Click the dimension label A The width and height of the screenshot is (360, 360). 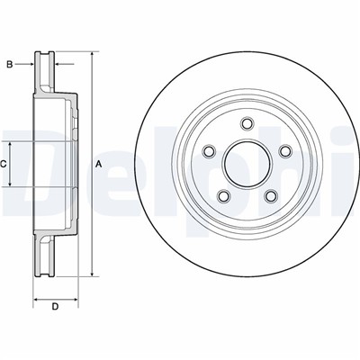pos(97,163)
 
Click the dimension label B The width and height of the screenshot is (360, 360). pos(10,65)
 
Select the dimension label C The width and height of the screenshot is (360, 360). pos(4,164)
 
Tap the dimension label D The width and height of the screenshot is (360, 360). pos(55,308)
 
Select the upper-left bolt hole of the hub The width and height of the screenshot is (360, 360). pos(209,150)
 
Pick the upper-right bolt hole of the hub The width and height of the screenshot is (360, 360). pos(284,152)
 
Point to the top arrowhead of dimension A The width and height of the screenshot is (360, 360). pos(92,55)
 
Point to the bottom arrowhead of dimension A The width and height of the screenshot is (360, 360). pos(92,274)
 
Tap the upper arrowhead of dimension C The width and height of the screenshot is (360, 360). pos(11,144)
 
